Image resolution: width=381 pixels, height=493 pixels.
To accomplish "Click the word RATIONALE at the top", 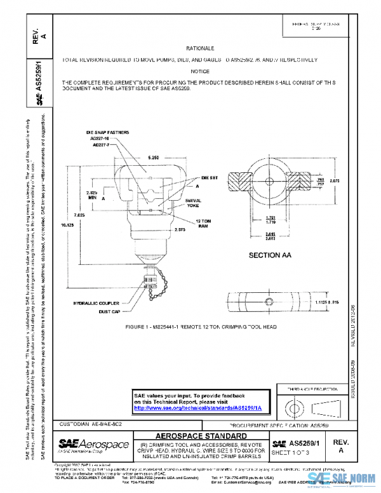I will [x=200, y=48].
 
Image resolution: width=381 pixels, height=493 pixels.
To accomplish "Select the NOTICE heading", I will [x=200, y=72].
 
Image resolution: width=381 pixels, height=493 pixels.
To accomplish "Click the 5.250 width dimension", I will [x=153, y=156].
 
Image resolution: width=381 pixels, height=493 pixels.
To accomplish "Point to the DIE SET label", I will [x=210, y=179].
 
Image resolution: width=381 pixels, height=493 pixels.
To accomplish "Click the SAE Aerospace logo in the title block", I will [x=93, y=444].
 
